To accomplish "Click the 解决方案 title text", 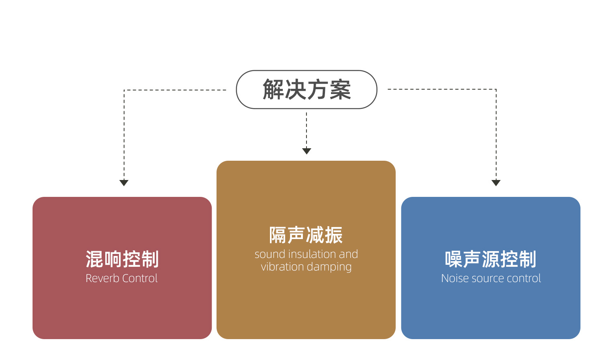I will point(306,89).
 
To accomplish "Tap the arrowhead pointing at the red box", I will point(124,183).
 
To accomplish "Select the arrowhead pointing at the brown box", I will point(306,151).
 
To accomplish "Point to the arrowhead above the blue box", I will point(496,183).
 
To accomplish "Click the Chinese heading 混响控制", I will point(122,259).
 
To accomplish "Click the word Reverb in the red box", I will point(102,278).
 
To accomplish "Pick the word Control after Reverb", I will point(140,278).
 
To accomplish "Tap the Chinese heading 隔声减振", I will point(306,235).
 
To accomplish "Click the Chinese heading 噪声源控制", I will point(490,259).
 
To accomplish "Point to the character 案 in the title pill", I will point(340,89).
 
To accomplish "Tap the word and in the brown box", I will point(348,254).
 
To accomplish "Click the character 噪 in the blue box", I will point(454,259).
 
